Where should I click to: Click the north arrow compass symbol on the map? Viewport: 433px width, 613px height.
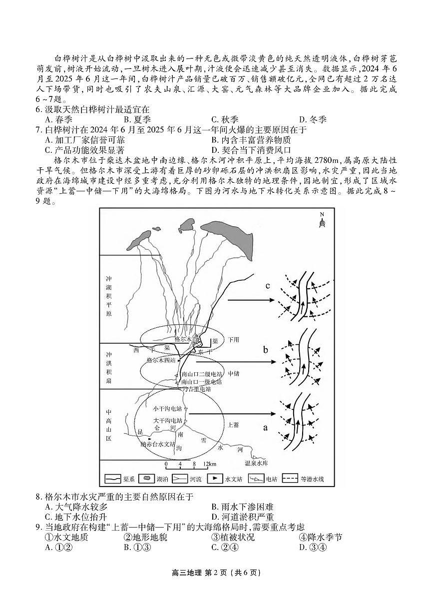coord(322,220)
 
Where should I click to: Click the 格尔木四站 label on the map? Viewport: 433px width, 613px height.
coord(161,360)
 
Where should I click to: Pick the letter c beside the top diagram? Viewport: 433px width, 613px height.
coord(268,286)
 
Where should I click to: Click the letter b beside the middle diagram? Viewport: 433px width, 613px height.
coord(266,350)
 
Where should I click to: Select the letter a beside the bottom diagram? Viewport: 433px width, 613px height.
coord(265,428)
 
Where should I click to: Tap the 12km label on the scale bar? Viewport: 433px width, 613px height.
coord(203,464)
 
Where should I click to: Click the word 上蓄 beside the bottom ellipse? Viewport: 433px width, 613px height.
coord(233,425)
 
